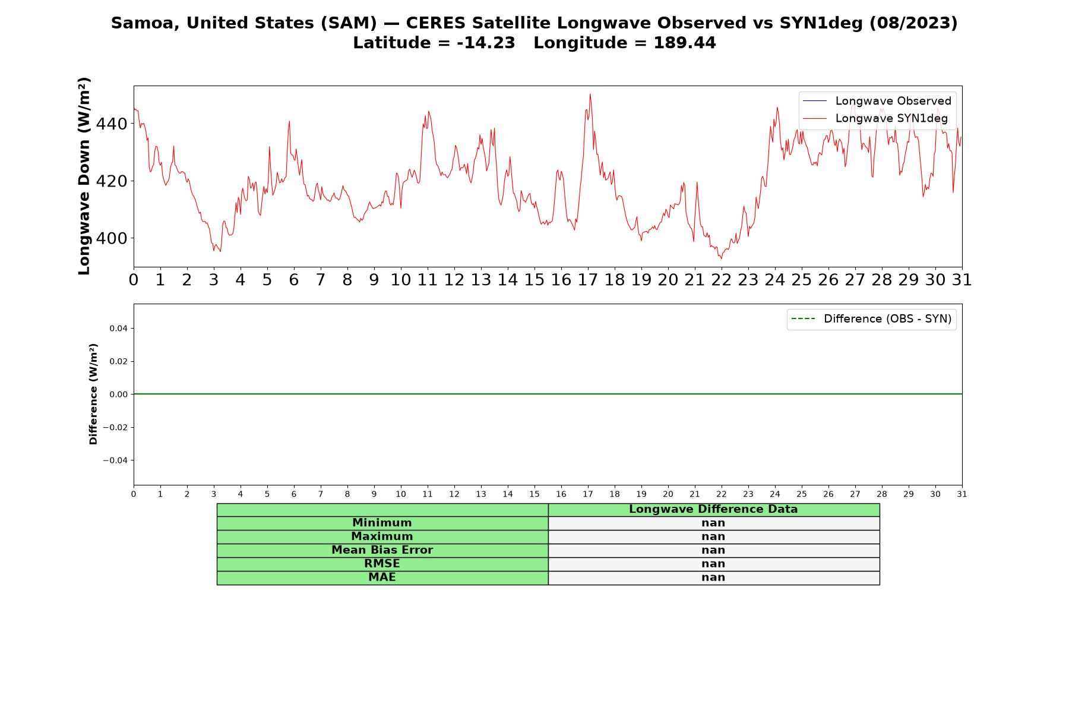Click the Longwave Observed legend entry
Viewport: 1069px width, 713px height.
pyautogui.click(x=877, y=101)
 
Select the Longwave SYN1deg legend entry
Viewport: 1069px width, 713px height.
pyautogui.click(x=875, y=118)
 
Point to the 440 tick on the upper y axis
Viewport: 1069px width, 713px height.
pyautogui.click(x=112, y=124)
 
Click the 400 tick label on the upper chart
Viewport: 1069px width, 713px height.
pyautogui.click(x=112, y=238)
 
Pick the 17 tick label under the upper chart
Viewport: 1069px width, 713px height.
pyautogui.click(x=588, y=280)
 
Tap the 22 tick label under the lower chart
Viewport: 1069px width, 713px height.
pyautogui.click(x=722, y=494)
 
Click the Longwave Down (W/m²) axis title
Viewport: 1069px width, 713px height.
pyautogui.click(x=84, y=176)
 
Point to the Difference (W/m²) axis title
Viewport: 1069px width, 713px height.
pyautogui.click(x=93, y=394)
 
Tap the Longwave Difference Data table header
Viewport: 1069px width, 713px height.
pyautogui.click(x=713, y=509)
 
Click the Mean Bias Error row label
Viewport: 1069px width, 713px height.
pyautogui.click(x=382, y=550)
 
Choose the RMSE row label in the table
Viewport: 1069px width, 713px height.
pyautogui.click(x=382, y=564)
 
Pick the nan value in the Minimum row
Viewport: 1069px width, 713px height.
pyautogui.click(x=713, y=523)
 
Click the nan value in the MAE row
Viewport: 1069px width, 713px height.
pyautogui.click(x=713, y=578)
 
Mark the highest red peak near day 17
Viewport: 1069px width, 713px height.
pyautogui.click(x=590, y=94)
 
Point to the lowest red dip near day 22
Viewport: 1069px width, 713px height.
pyautogui.click(x=722, y=258)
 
